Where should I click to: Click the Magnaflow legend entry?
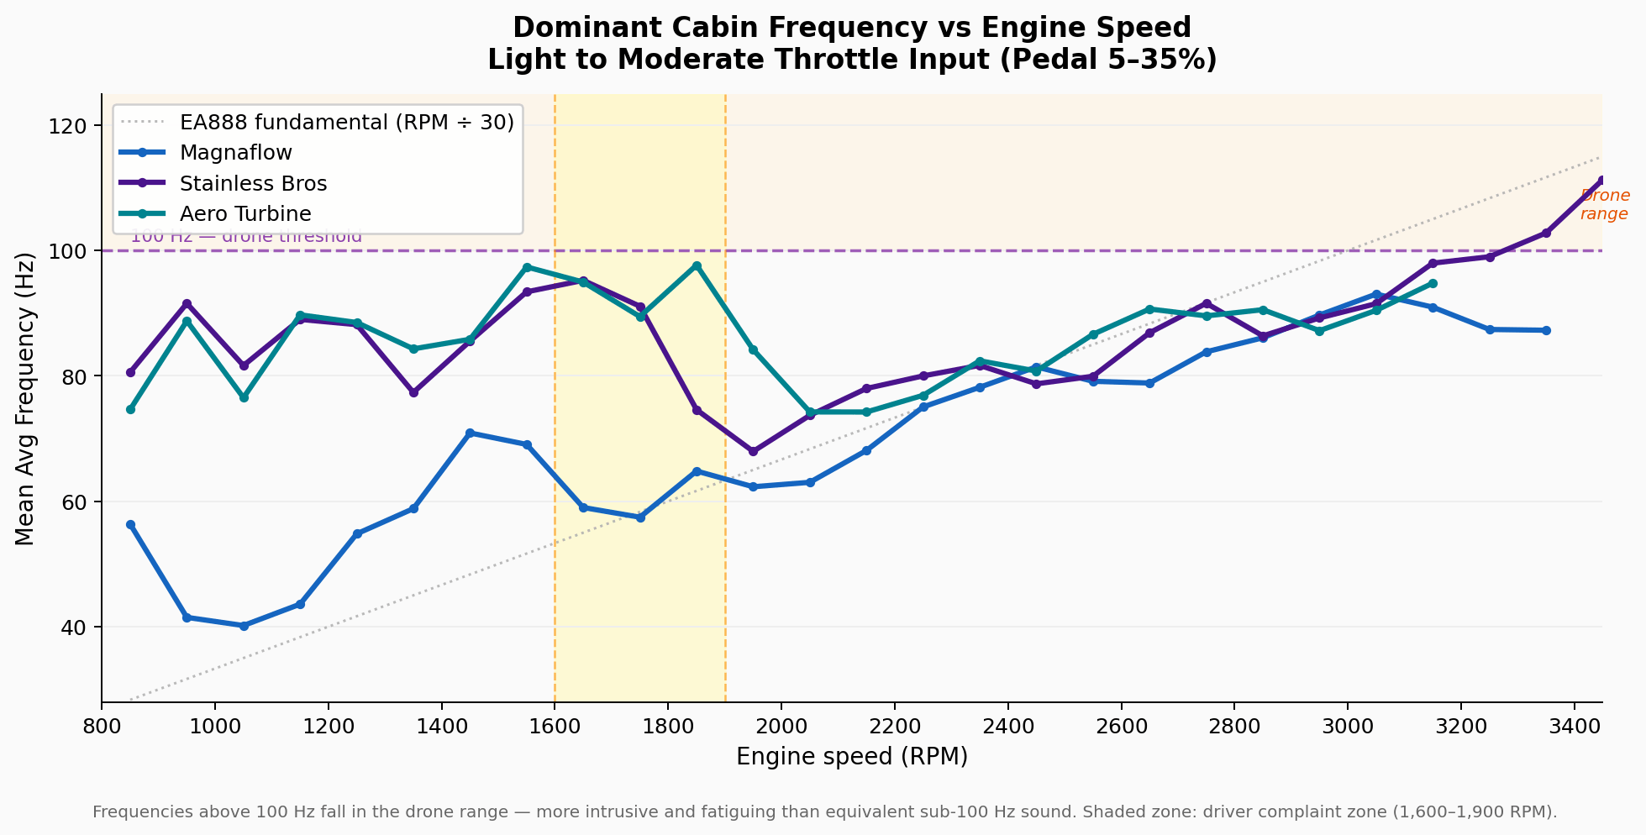tap(236, 153)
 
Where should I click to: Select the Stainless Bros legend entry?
tap(253, 183)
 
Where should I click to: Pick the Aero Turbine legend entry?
tap(245, 213)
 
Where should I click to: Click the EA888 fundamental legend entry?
tap(346, 123)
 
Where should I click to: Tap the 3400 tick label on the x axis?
tap(1574, 724)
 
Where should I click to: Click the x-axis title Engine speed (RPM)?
tap(852, 757)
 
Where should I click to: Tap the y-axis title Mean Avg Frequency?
tap(26, 399)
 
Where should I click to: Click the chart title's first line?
tap(852, 28)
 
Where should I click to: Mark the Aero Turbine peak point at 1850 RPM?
tap(697, 265)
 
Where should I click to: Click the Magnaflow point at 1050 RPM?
tap(244, 626)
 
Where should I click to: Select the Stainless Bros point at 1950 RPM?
tap(753, 452)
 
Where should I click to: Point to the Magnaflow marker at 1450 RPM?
tap(470, 433)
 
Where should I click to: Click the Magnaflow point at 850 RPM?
tap(130, 524)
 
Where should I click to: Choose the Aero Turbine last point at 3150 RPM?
tap(1433, 283)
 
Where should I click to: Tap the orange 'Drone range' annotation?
tap(1604, 205)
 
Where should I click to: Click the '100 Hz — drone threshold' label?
tap(246, 237)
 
